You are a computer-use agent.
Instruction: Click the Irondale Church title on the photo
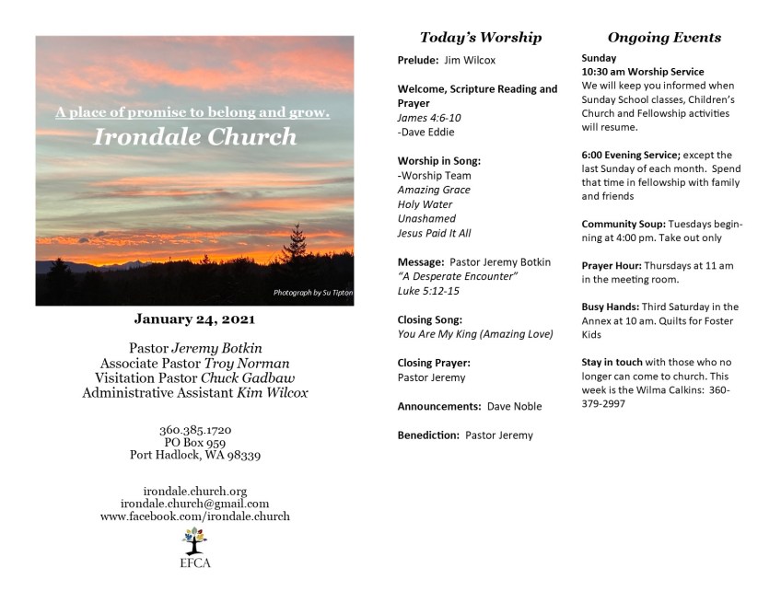click(x=194, y=138)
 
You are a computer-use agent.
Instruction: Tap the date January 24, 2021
click(x=194, y=319)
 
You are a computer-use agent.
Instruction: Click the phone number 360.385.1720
click(x=194, y=430)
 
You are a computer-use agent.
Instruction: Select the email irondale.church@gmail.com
click(x=194, y=504)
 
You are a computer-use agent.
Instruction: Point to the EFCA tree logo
click(x=194, y=540)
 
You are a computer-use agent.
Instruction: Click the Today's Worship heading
click(x=480, y=38)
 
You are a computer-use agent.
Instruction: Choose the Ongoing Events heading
click(x=664, y=38)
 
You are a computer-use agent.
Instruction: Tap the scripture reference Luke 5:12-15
click(x=428, y=291)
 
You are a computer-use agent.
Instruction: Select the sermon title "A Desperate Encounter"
click(x=458, y=276)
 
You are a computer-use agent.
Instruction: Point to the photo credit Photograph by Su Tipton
click(x=312, y=293)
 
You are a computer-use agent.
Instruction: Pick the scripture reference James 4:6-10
click(x=428, y=118)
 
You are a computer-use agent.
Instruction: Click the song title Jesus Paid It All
click(x=434, y=233)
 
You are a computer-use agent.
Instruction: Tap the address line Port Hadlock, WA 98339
click(x=194, y=456)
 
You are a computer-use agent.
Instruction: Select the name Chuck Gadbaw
click(x=239, y=378)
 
